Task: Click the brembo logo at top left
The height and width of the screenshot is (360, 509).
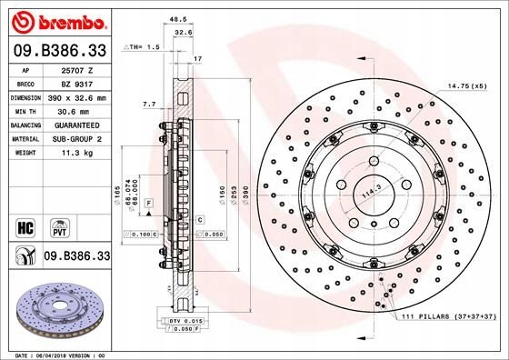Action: tap(57, 21)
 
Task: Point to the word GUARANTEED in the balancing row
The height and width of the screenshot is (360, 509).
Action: tap(75, 123)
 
